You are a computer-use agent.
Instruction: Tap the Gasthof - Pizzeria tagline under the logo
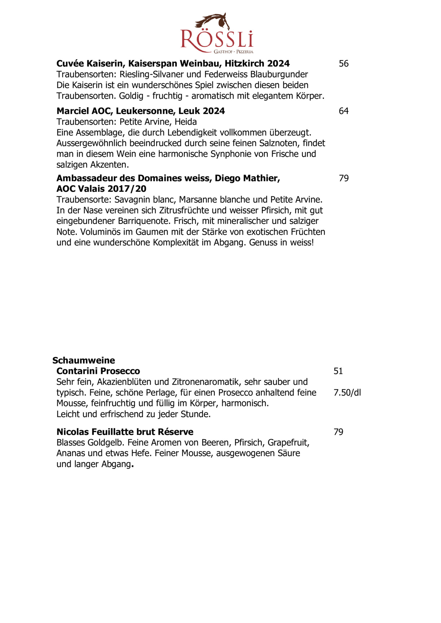233,52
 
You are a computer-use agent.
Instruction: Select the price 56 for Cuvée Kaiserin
344,64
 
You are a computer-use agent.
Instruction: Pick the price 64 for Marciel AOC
344,111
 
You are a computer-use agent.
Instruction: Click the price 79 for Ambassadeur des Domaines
344,178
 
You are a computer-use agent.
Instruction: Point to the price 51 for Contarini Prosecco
338,371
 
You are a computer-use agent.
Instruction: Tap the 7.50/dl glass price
347,393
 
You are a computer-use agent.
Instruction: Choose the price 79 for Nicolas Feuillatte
338,432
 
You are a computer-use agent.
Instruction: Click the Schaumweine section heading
84,361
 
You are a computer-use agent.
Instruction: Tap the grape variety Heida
186,122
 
